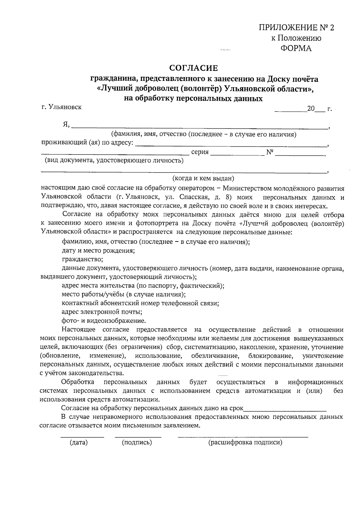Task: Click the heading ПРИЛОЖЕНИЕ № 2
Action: coord(296,28)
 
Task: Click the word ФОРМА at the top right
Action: coord(296,48)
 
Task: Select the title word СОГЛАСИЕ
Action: coord(193,68)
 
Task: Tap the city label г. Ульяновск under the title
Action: coord(61,107)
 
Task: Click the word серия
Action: coord(200,152)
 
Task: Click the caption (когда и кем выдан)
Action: coord(203,178)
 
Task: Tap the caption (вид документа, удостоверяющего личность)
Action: coord(114,160)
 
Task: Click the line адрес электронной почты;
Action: coord(102,312)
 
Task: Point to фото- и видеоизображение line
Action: coord(104,320)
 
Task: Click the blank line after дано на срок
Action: coord(285,408)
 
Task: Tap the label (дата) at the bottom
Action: coord(79,442)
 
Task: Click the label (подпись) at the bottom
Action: coord(137,442)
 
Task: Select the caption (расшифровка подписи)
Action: coord(245,442)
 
